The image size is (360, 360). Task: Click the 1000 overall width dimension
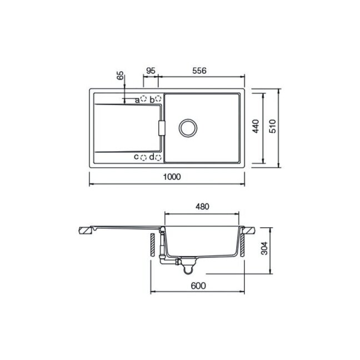point(172,177)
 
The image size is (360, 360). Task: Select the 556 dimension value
point(199,71)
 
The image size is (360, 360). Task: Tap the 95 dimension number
point(151,71)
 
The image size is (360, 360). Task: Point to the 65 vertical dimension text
point(120,76)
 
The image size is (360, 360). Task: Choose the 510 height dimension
point(272,126)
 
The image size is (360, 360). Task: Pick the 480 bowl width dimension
point(202,207)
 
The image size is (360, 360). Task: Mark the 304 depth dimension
point(264,248)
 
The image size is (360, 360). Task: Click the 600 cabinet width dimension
point(198,286)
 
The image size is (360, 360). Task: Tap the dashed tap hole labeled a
point(144,99)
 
